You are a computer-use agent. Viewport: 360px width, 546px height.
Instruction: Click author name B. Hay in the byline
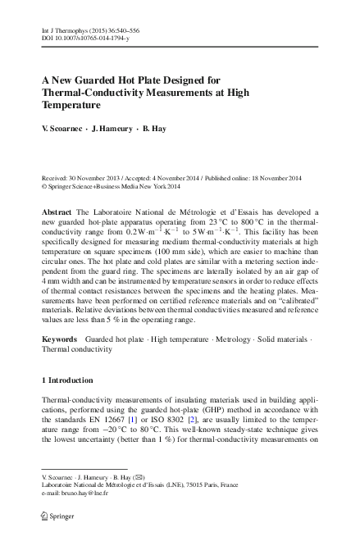(153, 129)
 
